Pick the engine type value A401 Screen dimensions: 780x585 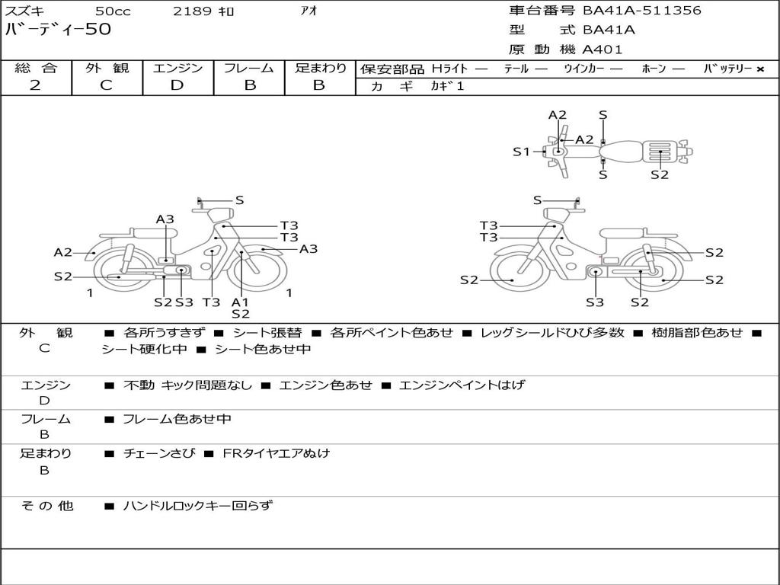tap(603, 50)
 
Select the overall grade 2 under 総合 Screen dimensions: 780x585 tap(35, 85)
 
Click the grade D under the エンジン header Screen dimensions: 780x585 tap(177, 85)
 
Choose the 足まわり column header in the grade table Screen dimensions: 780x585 tap(320, 69)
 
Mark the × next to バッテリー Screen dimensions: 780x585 tap(759, 69)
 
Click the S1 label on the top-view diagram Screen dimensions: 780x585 tap(521, 152)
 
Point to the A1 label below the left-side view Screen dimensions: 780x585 tap(240, 302)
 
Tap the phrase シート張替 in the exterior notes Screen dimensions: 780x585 tap(267, 333)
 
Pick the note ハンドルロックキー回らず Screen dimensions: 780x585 tap(197, 505)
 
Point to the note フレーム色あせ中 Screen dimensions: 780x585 tap(177, 419)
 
